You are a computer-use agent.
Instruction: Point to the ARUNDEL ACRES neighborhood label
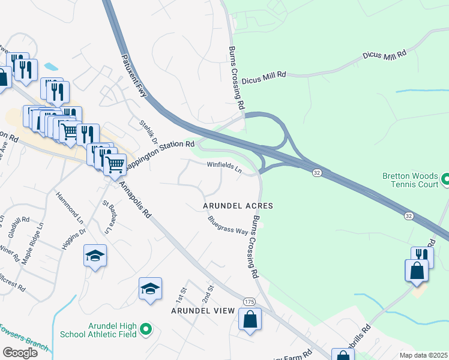point(238,206)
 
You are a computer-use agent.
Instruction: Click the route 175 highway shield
point(250,301)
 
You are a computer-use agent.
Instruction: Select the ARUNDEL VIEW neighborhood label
point(202,311)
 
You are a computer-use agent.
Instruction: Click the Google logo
point(20,352)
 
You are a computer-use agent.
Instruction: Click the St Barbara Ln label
point(108,217)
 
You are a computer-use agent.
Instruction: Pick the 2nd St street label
point(208,293)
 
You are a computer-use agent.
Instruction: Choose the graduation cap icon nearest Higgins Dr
point(95,256)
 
